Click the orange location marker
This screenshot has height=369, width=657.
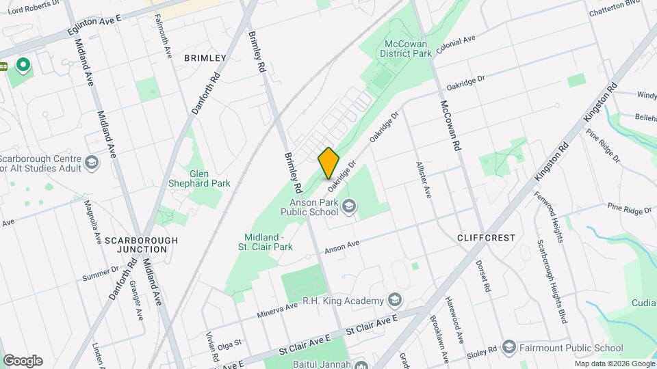click(328, 163)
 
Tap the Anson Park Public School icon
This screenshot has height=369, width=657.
click(349, 206)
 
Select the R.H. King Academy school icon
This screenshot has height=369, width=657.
click(395, 301)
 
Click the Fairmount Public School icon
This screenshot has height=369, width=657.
click(508, 347)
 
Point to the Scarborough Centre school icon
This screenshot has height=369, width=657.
click(92, 163)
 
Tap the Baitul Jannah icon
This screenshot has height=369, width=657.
click(360, 364)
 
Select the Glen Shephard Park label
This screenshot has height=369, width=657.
click(200, 178)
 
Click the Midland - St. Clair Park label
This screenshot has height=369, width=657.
click(266, 241)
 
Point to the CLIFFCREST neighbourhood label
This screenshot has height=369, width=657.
click(486, 238)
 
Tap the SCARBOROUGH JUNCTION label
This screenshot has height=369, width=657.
click(141, 245)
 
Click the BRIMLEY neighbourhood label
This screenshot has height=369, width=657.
click(205, 59)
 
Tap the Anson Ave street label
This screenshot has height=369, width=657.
click(342, 247)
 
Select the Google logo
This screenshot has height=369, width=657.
click(23, 360)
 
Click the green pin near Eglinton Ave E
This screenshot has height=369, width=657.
click(23, 66)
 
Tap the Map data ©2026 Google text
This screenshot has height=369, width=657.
click(614, 364)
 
